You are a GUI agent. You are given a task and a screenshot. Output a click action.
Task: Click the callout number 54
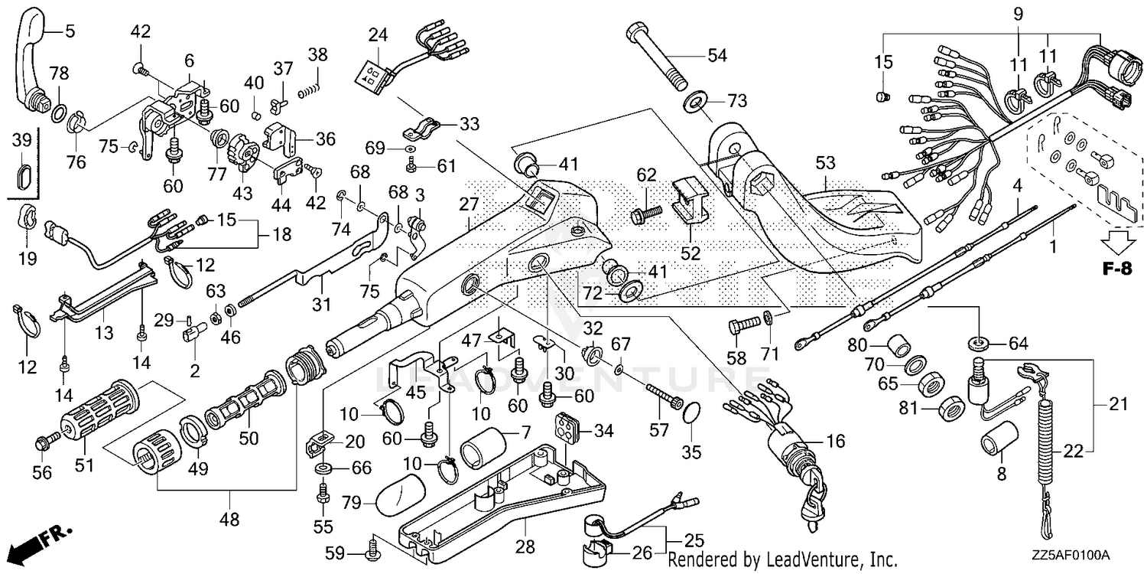click(x=717, y=55)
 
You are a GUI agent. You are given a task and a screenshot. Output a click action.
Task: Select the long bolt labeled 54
click(x=657, y=57)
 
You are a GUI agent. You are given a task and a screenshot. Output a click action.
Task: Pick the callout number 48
click(x=229, y=519)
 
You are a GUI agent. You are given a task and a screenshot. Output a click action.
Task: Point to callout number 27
click(x=468, y=204)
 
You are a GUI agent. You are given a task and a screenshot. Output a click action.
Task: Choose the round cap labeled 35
click(x=691, y=413)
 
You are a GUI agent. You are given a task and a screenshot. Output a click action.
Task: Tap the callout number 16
click(x=836, y=442)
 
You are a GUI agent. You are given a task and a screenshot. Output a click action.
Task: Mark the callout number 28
click(x=525, y=547)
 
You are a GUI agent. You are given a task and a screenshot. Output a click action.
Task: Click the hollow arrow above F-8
click(x=1117, y=243)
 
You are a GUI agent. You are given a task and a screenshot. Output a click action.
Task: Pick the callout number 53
click(x=825, y=164)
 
